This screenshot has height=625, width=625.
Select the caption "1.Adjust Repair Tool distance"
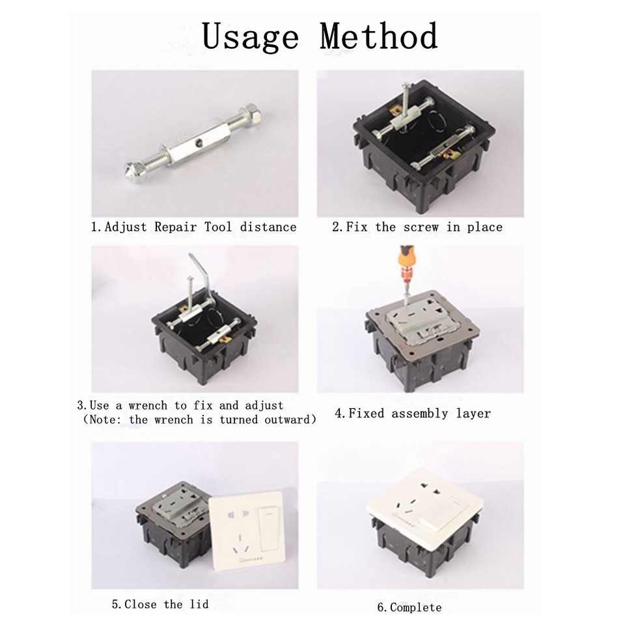point(193,227)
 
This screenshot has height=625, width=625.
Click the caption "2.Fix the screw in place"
point(417,227)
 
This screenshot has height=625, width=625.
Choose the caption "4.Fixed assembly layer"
point(413,413)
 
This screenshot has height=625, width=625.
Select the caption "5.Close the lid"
point(160,605)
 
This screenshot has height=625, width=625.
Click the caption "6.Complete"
point(409,607)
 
